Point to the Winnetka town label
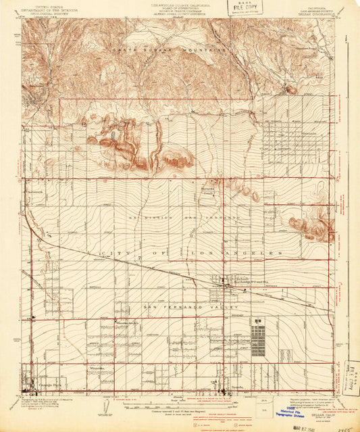click(95, 368)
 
